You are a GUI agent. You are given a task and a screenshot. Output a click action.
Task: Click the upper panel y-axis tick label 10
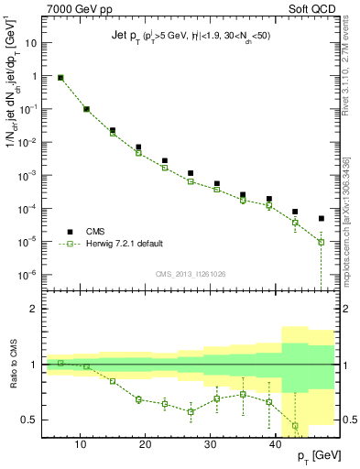pyautogui.click(x=27, y=43)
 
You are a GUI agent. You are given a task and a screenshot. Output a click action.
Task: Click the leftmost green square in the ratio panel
pyautogui.click(x=60, y=363)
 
